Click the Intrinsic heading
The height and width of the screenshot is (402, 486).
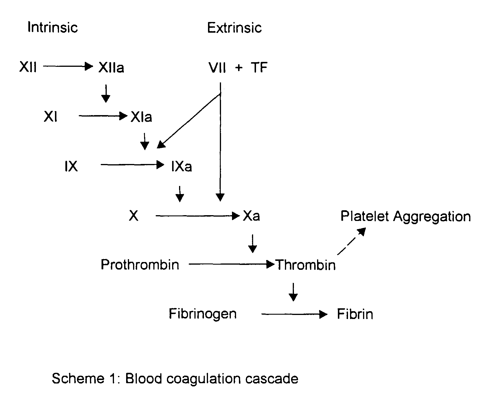click(52, 27)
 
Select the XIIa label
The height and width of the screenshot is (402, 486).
click(111, 68)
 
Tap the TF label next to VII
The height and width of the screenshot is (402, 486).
click(259, 68)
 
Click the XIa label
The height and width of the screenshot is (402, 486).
click(141, 117)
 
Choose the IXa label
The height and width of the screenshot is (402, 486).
click(181, 167)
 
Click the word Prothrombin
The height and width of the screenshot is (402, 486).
click(140, 265)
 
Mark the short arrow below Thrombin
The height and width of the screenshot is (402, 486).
click(293, 292)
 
